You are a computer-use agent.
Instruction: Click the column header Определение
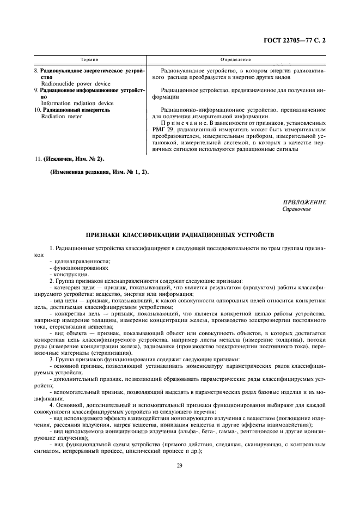click(235, 59)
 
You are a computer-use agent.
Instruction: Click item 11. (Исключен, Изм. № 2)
click(69, 159)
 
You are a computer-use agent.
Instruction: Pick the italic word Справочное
click(296, 209)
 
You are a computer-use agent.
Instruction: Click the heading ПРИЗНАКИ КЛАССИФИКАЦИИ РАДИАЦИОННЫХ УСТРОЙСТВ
click(180, 235)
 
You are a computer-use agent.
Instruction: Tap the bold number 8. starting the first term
click(36, 70)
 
